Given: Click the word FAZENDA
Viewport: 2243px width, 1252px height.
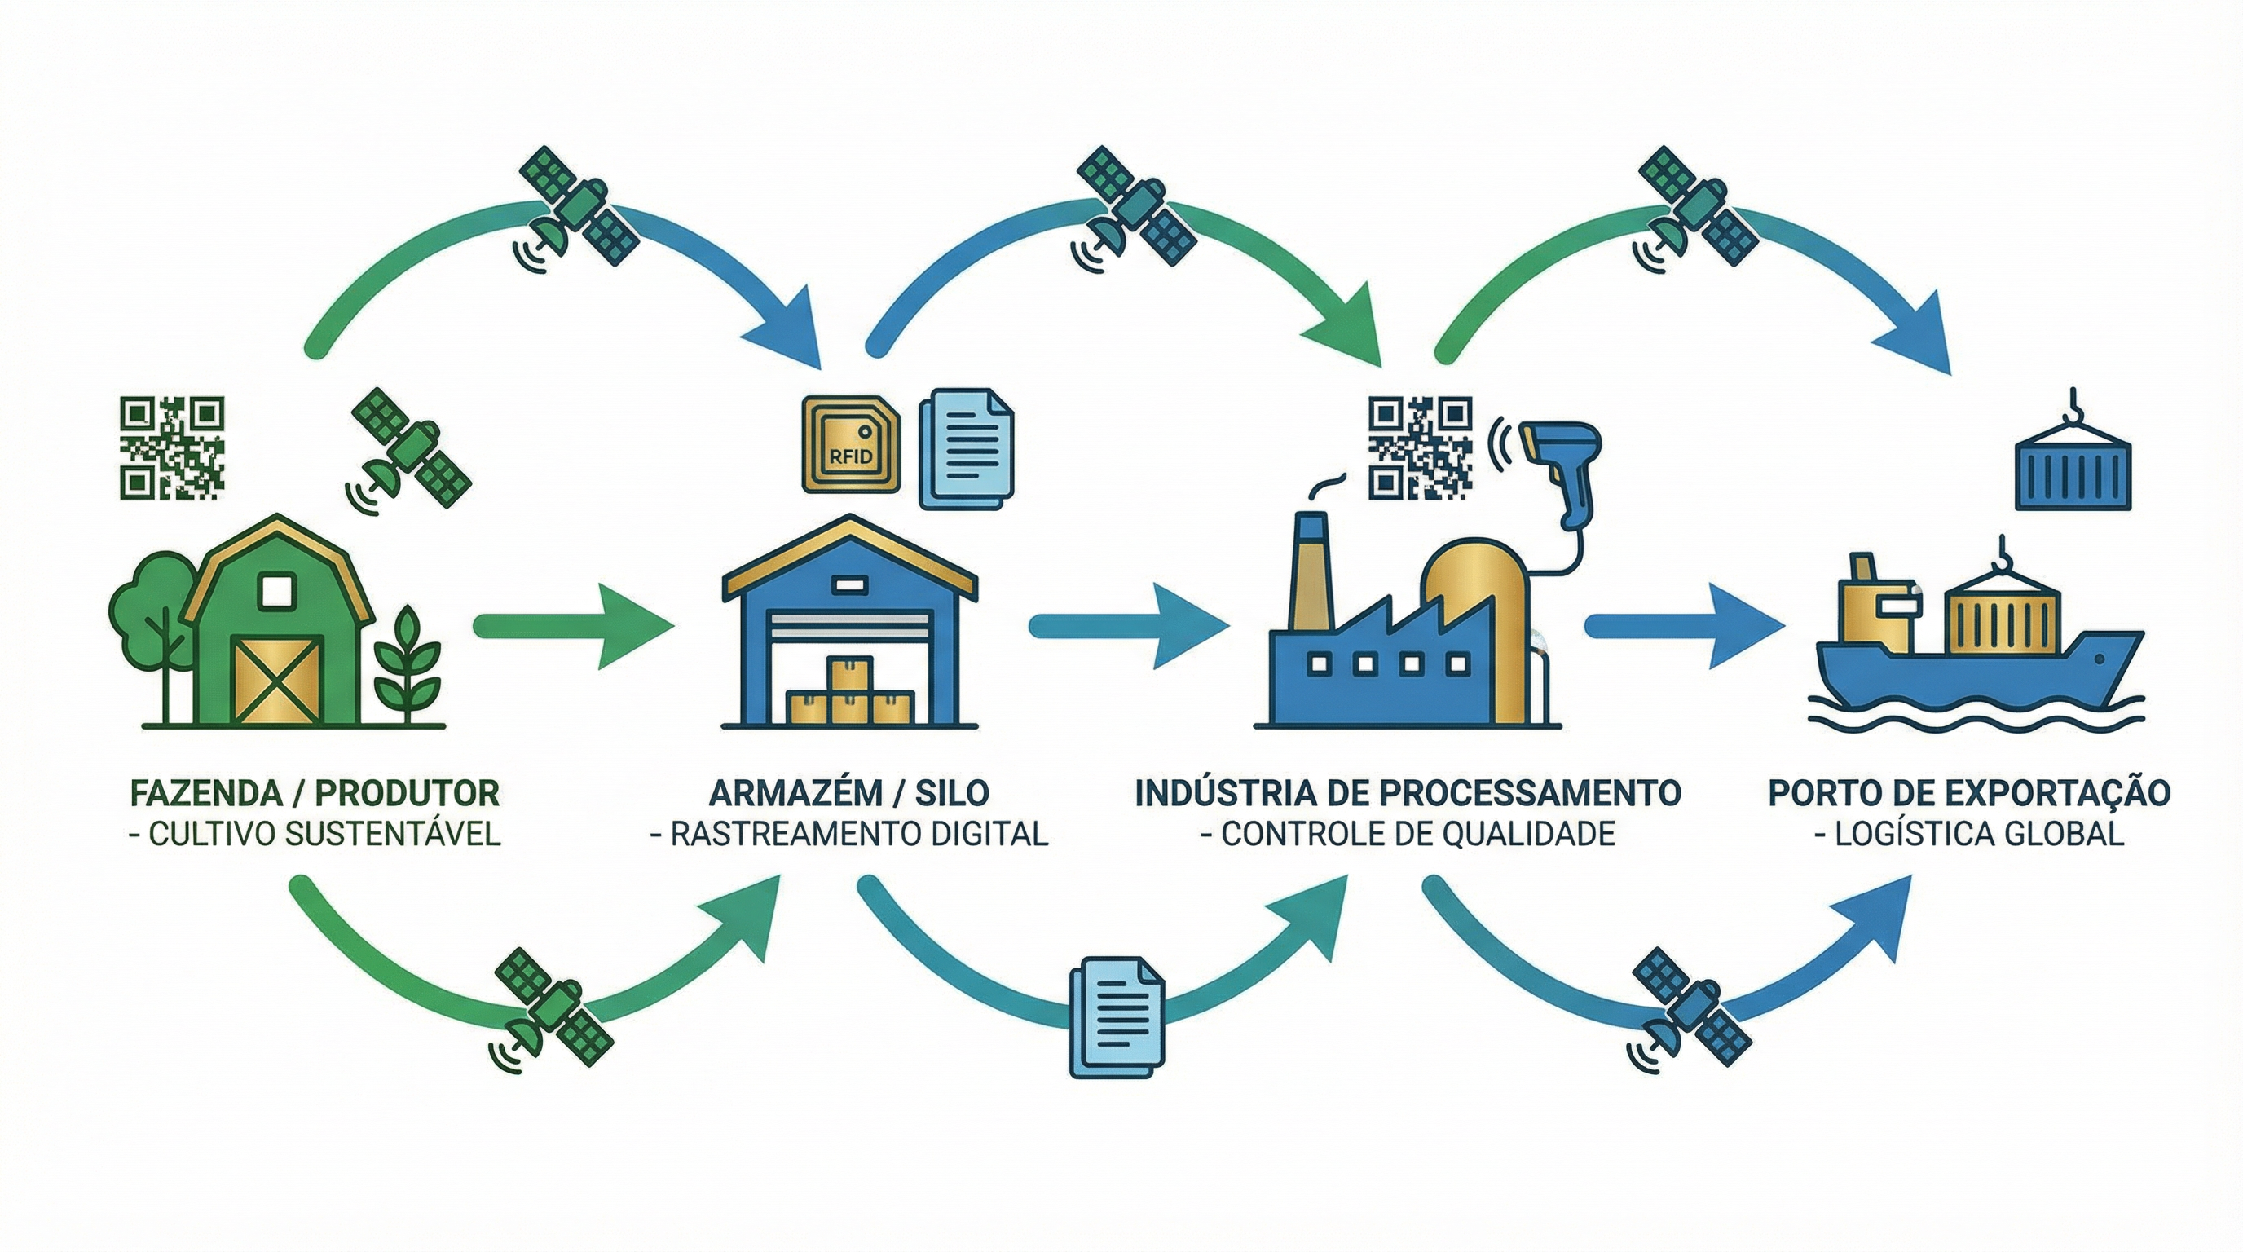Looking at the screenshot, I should [x=205, y=793].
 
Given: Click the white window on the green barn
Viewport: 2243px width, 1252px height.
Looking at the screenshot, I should [x=277, y=590].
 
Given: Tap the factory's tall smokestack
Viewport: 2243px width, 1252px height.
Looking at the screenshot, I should [x=1311, y=575].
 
